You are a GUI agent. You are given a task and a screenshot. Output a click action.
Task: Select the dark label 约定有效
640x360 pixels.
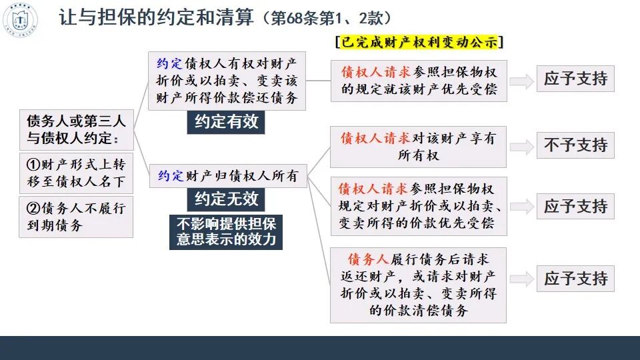(226, 122)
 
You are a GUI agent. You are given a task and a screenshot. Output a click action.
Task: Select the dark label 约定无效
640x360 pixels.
(226, 199)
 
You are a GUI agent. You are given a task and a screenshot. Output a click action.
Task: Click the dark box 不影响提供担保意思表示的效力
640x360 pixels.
(226, 231)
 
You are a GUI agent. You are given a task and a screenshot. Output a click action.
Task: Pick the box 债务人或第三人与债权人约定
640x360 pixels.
(76, 130)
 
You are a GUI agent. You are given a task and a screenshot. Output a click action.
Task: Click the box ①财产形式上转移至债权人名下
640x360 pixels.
(76, 172)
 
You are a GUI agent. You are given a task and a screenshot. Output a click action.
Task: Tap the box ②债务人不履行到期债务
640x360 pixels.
(76, 217)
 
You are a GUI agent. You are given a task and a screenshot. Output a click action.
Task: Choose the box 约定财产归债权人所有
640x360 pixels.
(227, 177)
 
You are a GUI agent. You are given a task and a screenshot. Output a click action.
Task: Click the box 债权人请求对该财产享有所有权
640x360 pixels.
(418, 147)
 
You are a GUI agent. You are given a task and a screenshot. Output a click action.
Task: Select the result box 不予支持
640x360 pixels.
(575, 145)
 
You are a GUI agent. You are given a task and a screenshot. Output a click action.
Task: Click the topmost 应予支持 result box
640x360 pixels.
(575, 79)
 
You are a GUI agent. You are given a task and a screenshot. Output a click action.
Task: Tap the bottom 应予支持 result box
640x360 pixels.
(575, 278)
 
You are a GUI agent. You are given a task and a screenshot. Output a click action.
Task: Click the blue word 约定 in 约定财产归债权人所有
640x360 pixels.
(170, 177)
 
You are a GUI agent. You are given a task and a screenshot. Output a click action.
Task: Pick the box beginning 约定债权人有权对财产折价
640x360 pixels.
(227, 81)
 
